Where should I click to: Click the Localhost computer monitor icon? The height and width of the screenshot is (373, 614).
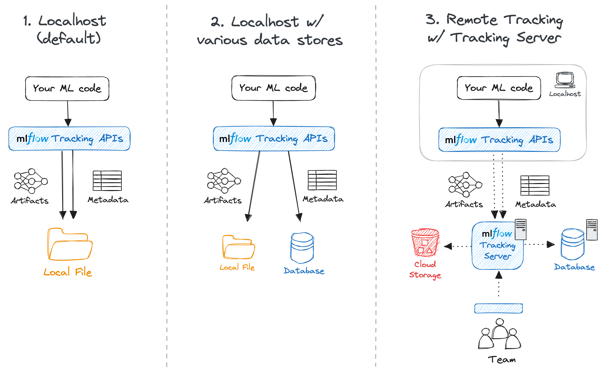[x=565, y=80]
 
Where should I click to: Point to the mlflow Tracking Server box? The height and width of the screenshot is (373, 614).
[x=497, y=246]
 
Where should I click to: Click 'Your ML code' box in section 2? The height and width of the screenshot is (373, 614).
[x=274, y=88]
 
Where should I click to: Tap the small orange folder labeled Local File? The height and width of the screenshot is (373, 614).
[x=238, y=247]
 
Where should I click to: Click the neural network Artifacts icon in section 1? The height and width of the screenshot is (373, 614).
[x=31, y=181]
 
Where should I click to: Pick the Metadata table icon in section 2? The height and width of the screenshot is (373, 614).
[x=322, y=180]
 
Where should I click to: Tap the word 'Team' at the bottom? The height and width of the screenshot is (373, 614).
[x=502, y=360]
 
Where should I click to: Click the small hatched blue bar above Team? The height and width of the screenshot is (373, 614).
[x=498, y=308]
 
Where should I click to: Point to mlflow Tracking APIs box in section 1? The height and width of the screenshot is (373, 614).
[x=69, y=139]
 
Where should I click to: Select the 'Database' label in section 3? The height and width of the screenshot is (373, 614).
[x=574, y=267]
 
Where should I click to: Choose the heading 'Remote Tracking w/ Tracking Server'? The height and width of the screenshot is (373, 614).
[x=494, y=29]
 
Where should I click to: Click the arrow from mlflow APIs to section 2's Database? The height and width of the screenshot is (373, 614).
[x=294, y=186]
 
